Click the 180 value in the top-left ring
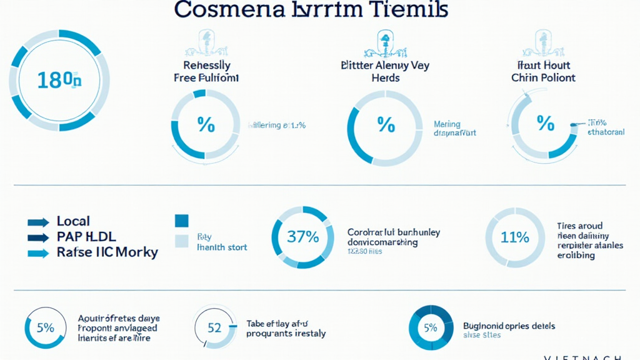[58, 80]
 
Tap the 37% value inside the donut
[303, 237]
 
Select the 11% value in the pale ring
[515, 237]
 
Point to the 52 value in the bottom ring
[214, 327]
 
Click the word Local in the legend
[73, 221]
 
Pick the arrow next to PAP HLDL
[38, 237]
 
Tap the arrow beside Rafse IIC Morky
[38, 253]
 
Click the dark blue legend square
[182, 220]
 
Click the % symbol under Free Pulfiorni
[206, 125]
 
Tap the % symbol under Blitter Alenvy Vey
[386, 125]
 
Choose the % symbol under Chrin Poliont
[545, 124]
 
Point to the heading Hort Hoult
[543, 65]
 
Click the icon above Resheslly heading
[206, 44]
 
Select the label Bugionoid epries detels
[509, 326]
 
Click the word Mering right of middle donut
[447, 124]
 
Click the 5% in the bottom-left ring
[45, 327]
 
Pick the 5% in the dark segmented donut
[430, 327]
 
